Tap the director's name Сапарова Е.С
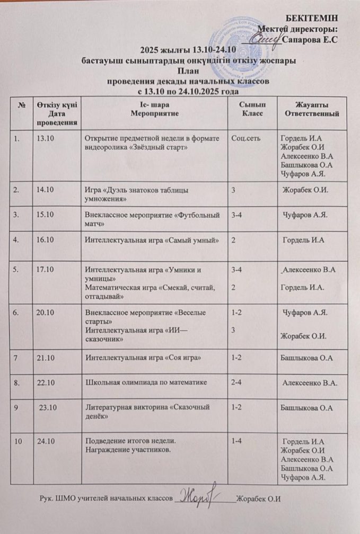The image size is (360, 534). click(311, 39)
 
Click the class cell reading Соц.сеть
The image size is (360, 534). click(245, 139)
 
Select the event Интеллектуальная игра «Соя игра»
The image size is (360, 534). click(143, 358)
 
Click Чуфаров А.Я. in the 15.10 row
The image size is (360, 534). click(306, 216)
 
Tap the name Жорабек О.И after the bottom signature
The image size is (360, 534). click(258, 500)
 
